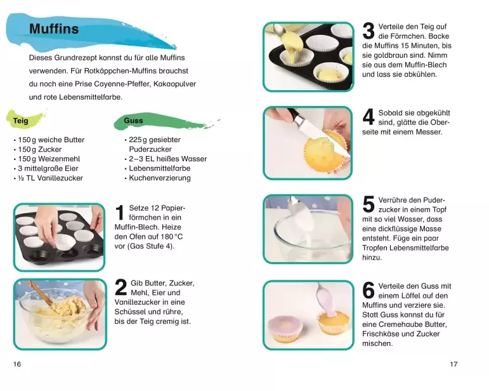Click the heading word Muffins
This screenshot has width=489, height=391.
pyautogui.click(x=54, y=29)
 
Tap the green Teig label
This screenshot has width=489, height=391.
pyautogui.click(x=20, y=121)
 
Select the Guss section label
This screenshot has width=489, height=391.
pyautogui.click(x=133, y=121)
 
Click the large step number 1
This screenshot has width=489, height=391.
pyautogui.click(x=120, y=213)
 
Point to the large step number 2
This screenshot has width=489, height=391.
pyautogui.click(x=121, y=288)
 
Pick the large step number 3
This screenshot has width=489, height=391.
pyautogui.click(x=368, y=31)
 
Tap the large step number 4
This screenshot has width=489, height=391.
pyautogui.click(x=368, y=117)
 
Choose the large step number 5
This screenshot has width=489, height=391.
pyautogui.click(x=368, y=204)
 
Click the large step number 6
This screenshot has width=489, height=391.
pyautogui.click(x=368, y=290)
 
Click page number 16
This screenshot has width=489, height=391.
pyautogui.click(x=17, y=364)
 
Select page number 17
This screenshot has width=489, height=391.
pyautogui.click(x=453, y=364)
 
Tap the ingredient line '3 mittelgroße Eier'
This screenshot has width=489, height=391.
pyautogui.click(x=48, y=168)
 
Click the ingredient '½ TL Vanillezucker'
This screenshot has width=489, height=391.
pyautogui.click(x=51, y=178)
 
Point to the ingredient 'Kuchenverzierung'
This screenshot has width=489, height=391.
pyautogui.click(x=160, y=178)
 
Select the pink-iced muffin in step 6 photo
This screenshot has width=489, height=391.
pyautogui.click(x=286, y=328)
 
